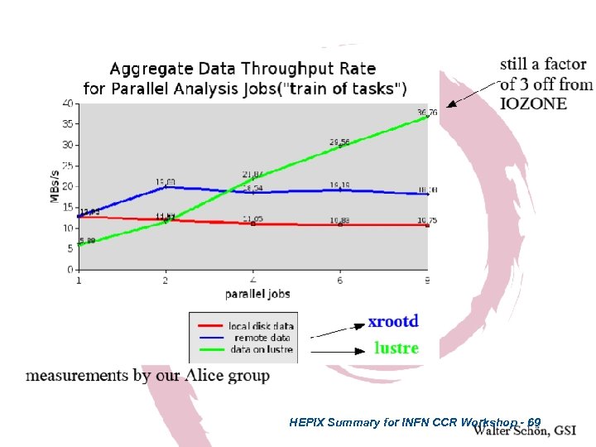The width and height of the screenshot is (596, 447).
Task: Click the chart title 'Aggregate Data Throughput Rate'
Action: [243, 69]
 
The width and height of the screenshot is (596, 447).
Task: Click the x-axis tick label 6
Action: [340, 281]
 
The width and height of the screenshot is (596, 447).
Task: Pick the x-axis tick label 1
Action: [79, 281]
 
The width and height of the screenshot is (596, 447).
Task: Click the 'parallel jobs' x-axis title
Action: [257, 294]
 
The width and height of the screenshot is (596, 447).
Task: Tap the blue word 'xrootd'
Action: [393, 321]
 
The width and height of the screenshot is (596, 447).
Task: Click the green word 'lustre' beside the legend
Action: [397, 348]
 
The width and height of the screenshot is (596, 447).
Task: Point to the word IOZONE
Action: [534, 103]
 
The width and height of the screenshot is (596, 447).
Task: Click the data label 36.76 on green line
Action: [427, 112]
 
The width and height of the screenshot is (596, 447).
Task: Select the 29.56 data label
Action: [339, 142]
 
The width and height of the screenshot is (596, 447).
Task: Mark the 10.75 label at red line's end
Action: [427, 219]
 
